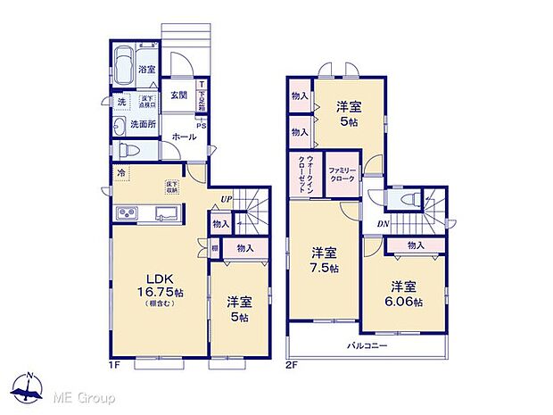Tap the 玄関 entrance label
click(179, 95)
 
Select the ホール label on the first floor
click(183, 137)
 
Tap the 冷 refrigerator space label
click(120, 173)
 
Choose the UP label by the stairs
click(227, 200)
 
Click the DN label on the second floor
click(383, 224)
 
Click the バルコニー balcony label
click(367, 344)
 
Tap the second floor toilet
click(407, 199)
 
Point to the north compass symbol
click(29, 389)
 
